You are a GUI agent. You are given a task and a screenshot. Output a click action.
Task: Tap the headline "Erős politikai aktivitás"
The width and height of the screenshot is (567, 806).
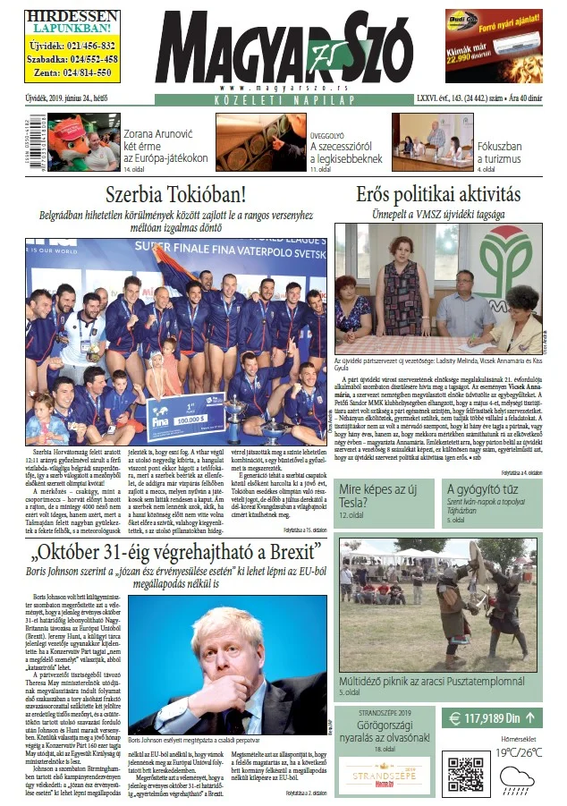[x=437, y=193]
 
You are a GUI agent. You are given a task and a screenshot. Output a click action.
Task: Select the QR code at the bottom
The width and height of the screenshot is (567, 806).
[x=465, y=774]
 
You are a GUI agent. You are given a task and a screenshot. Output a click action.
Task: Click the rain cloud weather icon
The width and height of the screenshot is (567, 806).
[x=518, y=778]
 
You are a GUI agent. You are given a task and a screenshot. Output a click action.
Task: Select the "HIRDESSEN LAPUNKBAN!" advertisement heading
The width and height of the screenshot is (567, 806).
[x=70, y=22]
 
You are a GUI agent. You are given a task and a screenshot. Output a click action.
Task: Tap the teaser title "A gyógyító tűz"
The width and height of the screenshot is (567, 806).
[x=484, y=489]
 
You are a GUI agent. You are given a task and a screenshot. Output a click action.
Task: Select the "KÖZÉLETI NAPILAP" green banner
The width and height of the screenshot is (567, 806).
[x=283, y=100]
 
